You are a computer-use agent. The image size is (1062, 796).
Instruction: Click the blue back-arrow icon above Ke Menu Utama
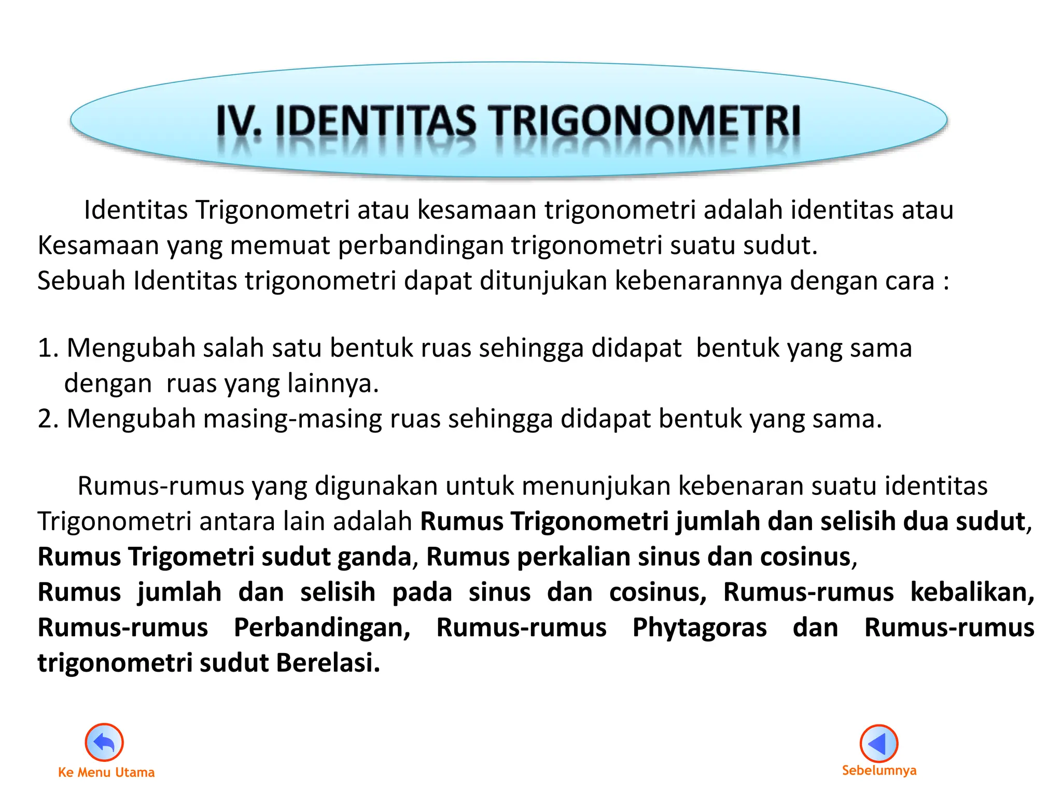pos(104,742)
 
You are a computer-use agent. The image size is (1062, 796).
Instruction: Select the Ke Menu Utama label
pos(106,772)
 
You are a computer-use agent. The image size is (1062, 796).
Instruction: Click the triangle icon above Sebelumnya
pos(878,743)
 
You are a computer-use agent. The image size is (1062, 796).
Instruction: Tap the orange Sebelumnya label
pos(879,770)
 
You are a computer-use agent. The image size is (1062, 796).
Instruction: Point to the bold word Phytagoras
pos(700,628)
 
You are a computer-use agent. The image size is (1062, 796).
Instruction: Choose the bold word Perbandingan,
pos(322,628)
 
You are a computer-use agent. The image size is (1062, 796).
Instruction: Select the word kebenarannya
pos(698,280)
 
